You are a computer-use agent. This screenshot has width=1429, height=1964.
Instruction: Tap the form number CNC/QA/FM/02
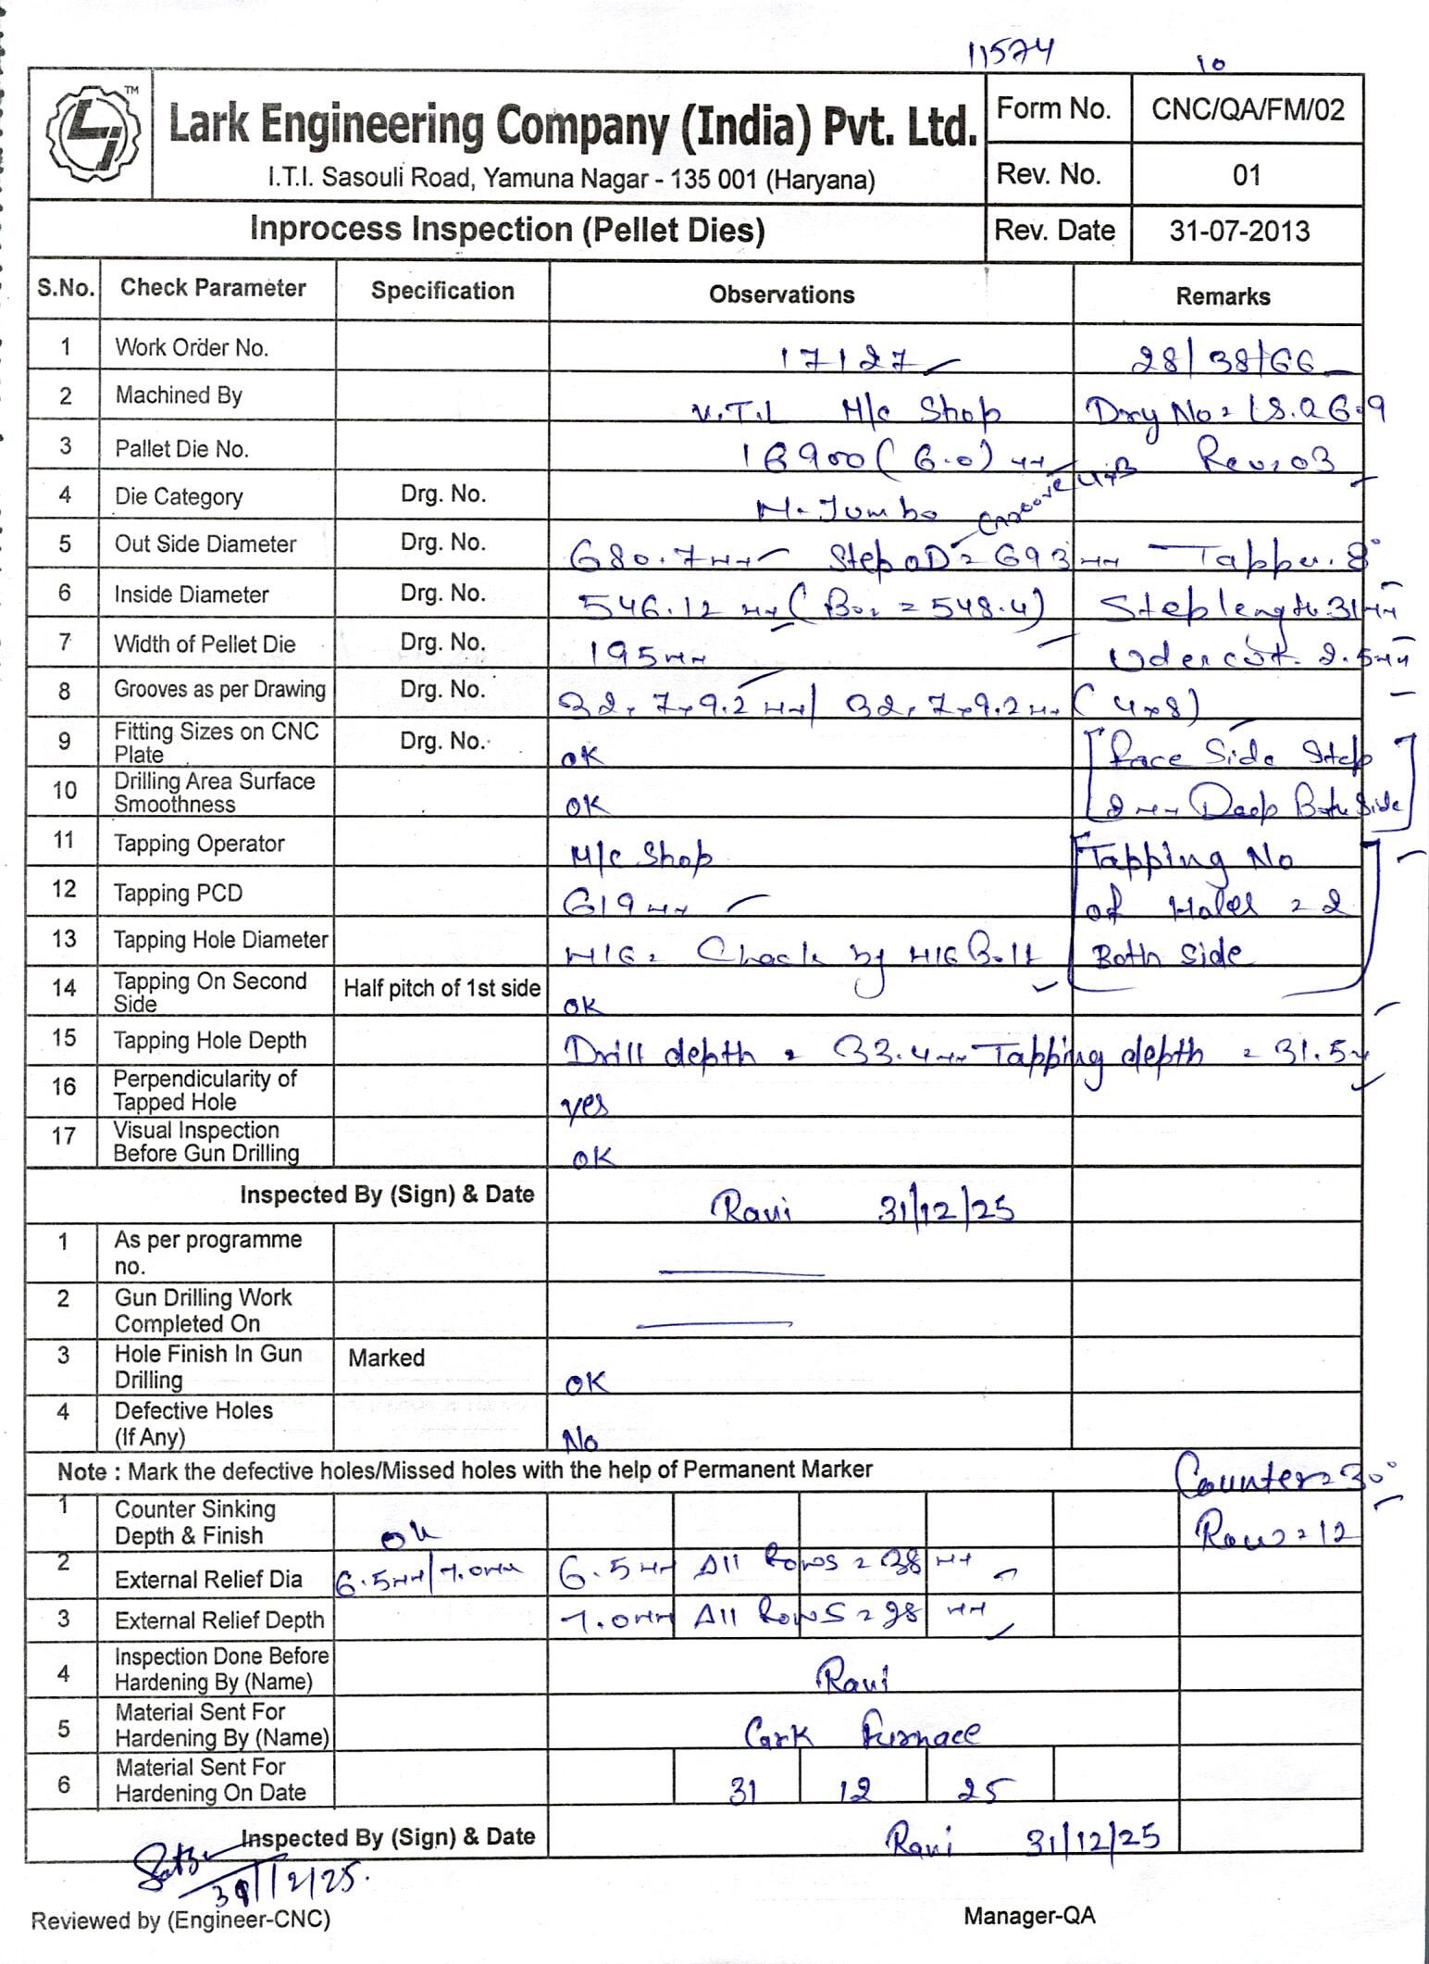tap(1247, 110)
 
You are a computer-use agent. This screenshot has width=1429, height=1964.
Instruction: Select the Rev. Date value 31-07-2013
tap(1239, 231)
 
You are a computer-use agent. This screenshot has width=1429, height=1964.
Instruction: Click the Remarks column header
tap(1222, 296)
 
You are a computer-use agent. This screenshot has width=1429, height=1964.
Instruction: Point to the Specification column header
tap(442, 291)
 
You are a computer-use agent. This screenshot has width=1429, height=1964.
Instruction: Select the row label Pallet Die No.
tap(181, 449)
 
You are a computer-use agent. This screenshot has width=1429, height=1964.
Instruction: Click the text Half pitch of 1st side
tap(441, 989)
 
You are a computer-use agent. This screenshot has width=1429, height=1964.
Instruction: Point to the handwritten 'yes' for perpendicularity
tap(585, 1106)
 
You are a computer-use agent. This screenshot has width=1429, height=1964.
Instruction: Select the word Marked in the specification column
tap(386, 1358)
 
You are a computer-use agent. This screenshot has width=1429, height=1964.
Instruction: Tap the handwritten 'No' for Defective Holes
tap(580, 1439)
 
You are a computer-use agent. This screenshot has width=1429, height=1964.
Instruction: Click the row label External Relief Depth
tap(219, 1620)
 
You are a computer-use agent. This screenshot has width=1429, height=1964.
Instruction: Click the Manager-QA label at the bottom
tap(1029, 1916)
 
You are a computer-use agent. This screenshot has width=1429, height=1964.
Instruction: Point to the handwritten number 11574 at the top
tap(1010, 56)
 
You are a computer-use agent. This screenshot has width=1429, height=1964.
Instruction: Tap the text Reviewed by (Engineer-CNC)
tap(180, 1920)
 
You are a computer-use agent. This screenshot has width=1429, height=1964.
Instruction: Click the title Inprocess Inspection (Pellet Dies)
tap(507, 230)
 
